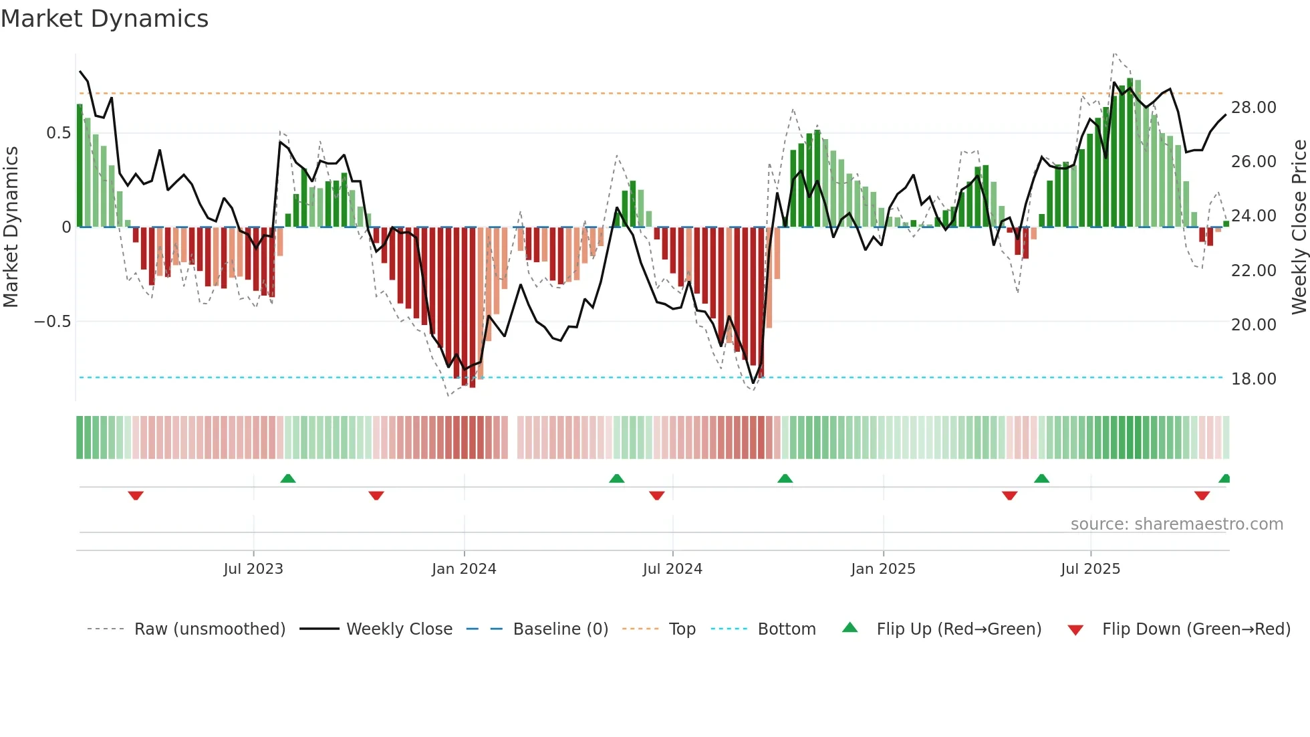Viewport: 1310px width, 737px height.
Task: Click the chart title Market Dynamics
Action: (104, 19)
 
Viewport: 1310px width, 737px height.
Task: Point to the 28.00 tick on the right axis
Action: (1253, 108)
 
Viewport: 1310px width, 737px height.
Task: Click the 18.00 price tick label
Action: (1253, 379)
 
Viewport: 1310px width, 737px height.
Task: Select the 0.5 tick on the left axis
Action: (58, 133)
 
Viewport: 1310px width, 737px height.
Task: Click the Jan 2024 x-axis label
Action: (464, 569)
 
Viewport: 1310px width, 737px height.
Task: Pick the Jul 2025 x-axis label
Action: (1090, 569)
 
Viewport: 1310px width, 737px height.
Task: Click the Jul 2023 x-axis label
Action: (253, 569)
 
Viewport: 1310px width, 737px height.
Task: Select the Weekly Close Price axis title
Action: (1299, 227)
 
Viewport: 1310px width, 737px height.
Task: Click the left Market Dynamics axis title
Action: (11, 227)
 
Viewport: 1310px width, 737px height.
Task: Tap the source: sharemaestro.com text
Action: (1176, 524)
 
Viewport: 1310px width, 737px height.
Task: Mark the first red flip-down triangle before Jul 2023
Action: (136, 496)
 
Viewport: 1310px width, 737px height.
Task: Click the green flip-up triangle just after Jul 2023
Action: (288, 478)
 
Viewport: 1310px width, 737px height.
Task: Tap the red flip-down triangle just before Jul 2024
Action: (657, 496)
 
